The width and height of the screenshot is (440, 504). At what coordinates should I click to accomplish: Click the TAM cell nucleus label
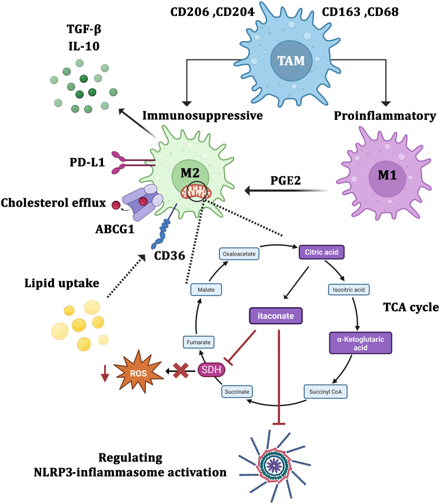291,61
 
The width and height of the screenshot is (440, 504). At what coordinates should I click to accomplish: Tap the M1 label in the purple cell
387,175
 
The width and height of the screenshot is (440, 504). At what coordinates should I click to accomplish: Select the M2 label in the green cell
190,173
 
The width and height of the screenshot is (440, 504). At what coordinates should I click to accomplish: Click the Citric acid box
322,252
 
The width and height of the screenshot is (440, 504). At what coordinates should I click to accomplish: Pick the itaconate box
276,315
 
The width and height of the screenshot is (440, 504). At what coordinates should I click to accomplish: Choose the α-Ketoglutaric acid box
361,343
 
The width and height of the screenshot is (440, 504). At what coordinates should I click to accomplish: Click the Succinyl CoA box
325,391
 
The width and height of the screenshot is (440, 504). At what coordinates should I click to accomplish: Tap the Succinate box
237,391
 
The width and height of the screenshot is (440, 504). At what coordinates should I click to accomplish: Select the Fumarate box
198,342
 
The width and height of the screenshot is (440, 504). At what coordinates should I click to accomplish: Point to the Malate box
206,290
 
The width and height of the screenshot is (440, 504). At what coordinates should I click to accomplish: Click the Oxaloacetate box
239,254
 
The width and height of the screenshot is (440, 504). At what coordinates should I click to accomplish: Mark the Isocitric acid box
349,290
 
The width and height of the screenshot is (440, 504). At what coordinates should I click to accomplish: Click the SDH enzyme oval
211,369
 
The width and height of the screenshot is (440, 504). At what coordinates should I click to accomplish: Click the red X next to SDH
181,370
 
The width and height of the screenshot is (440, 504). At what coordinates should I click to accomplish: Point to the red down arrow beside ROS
105,373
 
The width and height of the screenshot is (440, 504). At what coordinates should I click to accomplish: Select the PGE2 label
285,180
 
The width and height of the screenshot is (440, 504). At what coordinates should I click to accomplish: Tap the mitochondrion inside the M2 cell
196,192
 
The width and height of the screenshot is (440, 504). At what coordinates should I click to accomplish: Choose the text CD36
169,256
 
